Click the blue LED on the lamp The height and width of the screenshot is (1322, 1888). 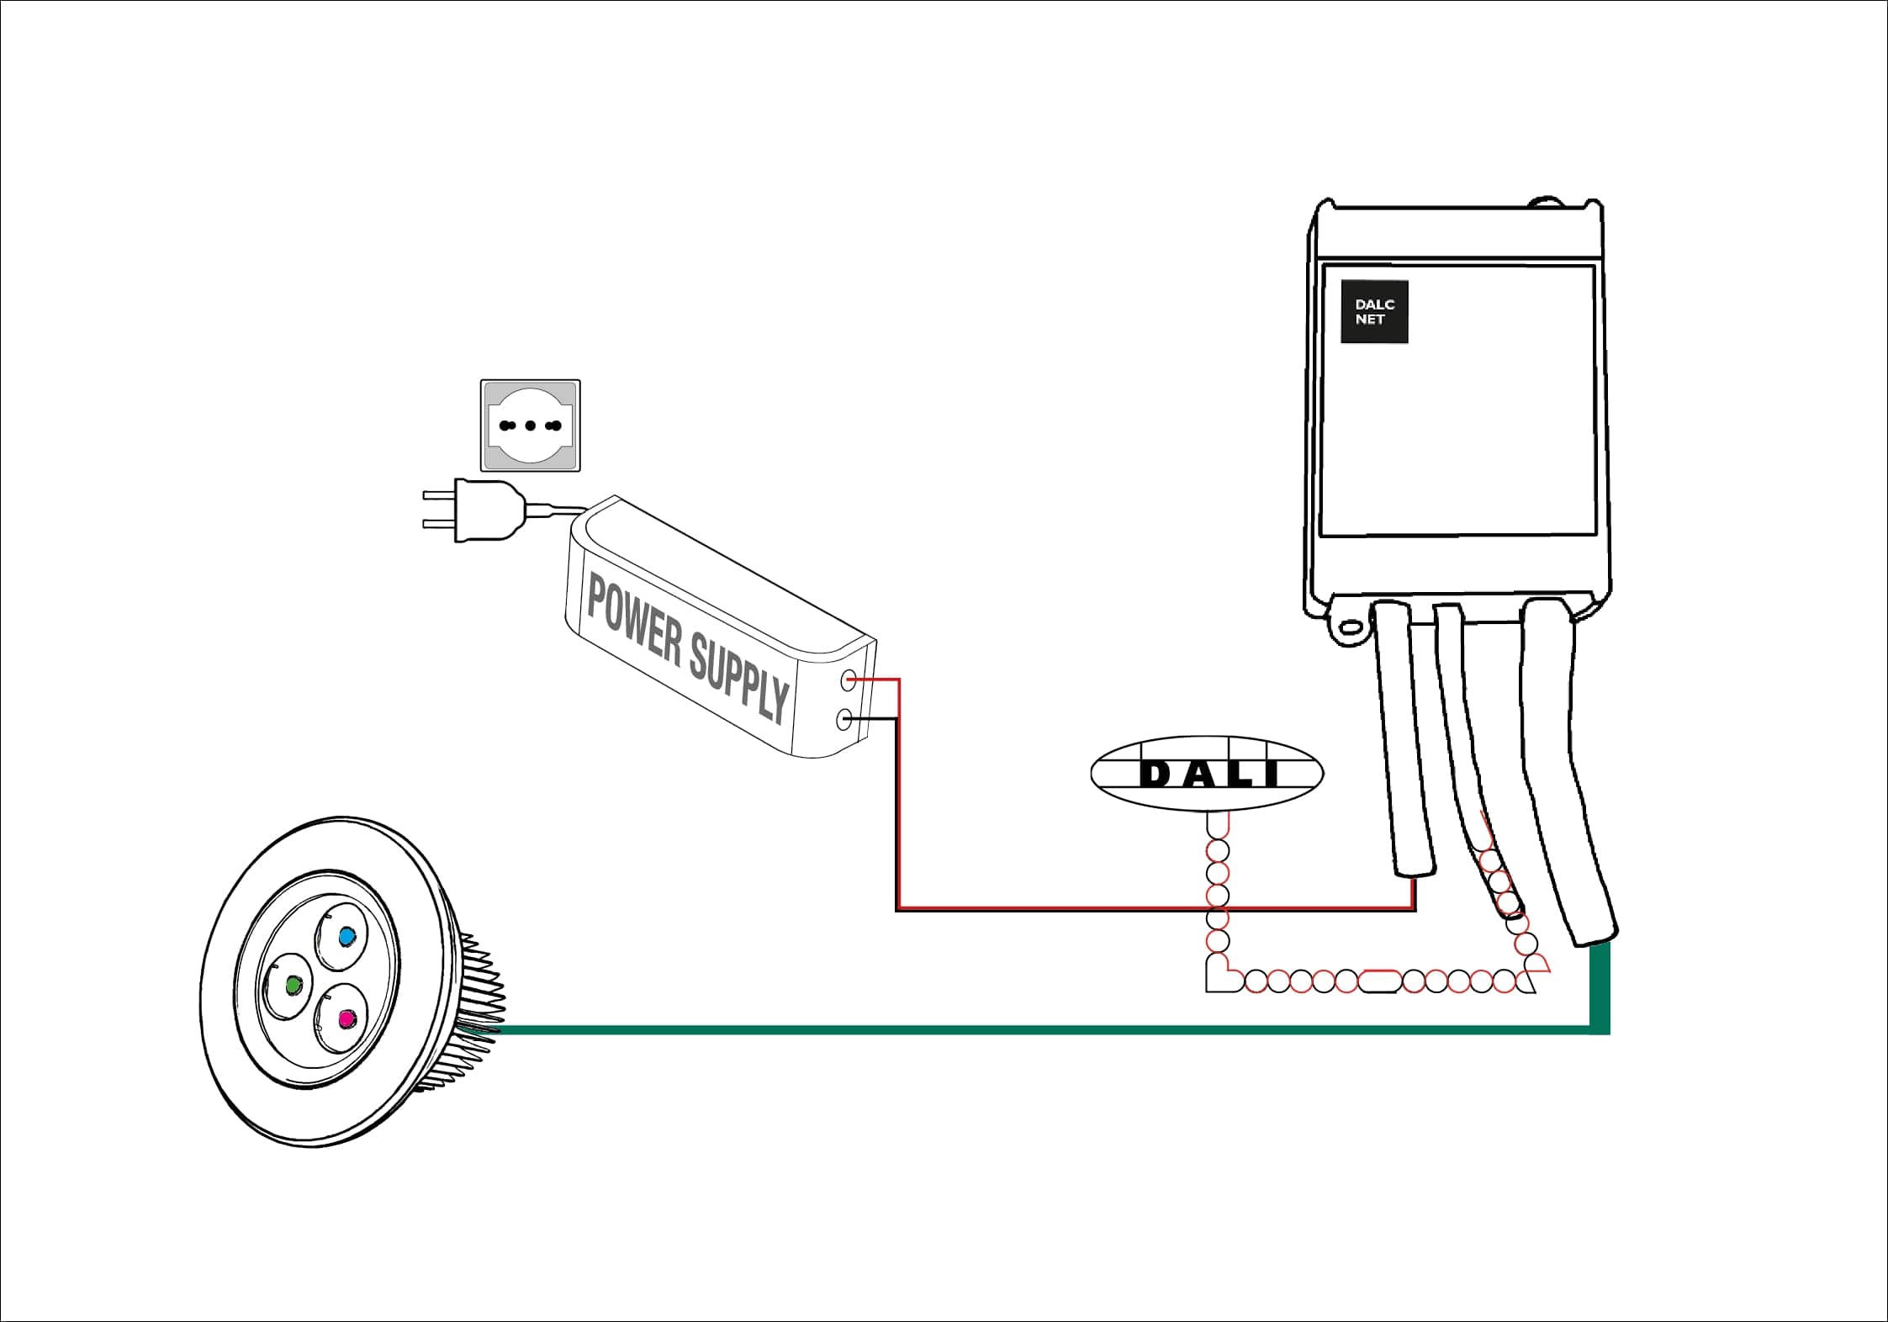(346, 935)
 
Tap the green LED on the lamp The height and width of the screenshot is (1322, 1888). (294, 985)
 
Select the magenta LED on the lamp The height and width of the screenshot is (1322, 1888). (345, 1019)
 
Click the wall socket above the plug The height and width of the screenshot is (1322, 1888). (531, 426)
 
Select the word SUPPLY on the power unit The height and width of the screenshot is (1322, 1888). (741, 677)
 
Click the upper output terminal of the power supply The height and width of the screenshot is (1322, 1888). (849, 680)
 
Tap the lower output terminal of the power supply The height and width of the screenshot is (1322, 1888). (845, 719)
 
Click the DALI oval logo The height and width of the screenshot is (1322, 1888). (1207, 774)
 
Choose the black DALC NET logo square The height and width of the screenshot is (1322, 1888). (1374, 312)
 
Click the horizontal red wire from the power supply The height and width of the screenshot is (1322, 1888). (1156, 907)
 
